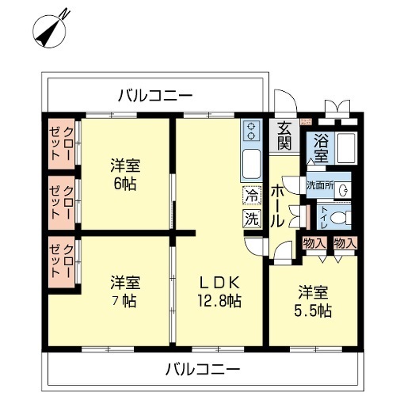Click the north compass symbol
click(50, 31)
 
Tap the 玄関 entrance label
click(284, 135)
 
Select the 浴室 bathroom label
click(321, 148)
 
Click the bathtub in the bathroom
click(346, 148)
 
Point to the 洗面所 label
click(320, 185)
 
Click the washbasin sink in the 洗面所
click(344, 190)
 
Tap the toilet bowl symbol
click(341, 218)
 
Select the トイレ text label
click(324, 218)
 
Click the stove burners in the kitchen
click(251, 131)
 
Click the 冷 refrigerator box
click(252, 195)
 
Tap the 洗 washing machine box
click(252, 219)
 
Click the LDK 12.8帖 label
click(219, 291)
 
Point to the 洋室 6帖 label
click(125, 174)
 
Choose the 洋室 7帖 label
click(125, 291)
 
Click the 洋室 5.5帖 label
click(313, 301)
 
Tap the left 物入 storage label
click(315, 243)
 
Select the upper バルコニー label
click(155, 95)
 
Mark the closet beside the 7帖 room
click(61, 262)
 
